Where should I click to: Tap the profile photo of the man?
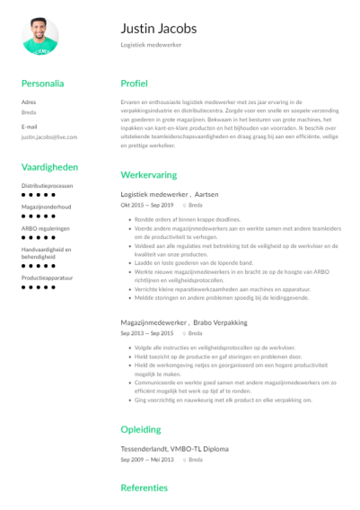pos(40,36)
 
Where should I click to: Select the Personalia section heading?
pos(42,84)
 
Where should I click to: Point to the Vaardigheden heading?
pos(49,167)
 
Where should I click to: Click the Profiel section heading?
pos(134,84)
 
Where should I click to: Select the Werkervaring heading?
pos(148,174)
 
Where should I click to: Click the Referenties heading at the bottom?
pos(144,488)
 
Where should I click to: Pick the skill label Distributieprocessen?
pos(47,185)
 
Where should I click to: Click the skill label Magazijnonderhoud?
pos(46,207)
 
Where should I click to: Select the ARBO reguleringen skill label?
pos(44,228)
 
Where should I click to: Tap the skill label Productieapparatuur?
pos(47,277)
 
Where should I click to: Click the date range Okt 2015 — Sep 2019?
pos(147,205)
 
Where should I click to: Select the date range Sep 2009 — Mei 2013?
pos(147,459)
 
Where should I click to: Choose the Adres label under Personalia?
pos(29,103)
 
